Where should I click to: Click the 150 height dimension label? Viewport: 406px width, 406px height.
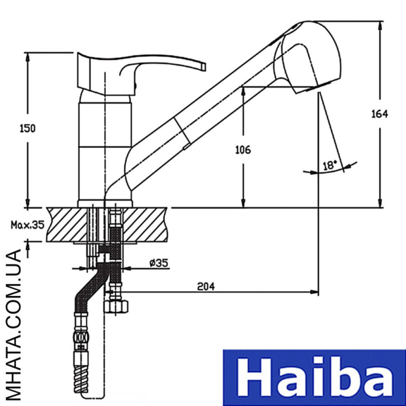pos(27,129)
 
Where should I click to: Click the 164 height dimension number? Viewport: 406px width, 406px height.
pos(380,114)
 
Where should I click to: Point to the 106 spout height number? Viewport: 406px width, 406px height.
pos(243,150)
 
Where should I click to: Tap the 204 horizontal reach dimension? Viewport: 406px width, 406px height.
pos(206,286)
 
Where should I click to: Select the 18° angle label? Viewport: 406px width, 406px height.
pos(329,165)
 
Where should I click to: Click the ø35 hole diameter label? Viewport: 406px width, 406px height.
pos(159,263)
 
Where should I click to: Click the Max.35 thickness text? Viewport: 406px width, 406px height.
pos(27,225)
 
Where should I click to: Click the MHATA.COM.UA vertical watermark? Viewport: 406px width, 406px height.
pos(13,325)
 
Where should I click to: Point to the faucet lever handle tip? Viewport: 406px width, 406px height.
pos(204,66)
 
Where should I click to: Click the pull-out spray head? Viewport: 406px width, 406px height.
pos(308,57)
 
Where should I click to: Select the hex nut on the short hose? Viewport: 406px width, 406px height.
pos(116,307)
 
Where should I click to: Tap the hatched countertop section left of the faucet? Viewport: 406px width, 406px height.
pos(67,224)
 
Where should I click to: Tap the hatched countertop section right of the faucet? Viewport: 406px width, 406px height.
pos(144,224)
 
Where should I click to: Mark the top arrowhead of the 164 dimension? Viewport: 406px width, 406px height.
pos(380,25)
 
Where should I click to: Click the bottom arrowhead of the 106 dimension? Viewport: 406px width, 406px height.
pos(243,204)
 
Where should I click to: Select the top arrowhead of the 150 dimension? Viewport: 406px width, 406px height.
pos(28,57)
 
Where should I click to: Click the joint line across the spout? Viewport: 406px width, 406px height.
pos(182,131)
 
